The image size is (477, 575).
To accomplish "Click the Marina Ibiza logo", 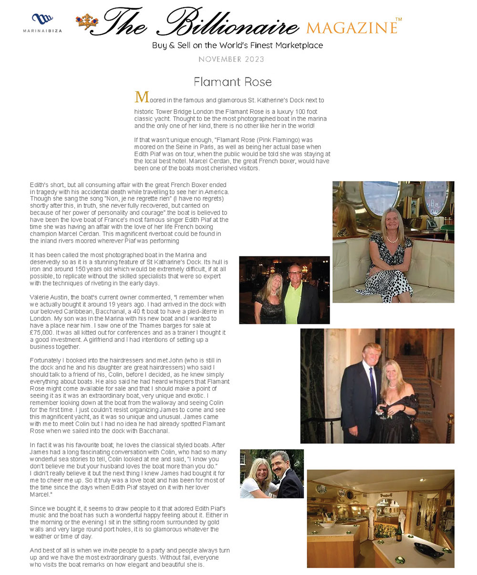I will click(42, 22).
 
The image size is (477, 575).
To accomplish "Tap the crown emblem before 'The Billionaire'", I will click(86, 22).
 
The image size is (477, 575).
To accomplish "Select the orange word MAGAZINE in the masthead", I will click(351, 28).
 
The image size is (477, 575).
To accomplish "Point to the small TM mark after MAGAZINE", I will click(399, 20).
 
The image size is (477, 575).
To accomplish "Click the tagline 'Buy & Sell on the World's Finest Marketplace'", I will click(238, 45).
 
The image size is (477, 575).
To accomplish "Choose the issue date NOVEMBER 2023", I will click(231, 59).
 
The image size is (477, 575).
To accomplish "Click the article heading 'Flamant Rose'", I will click(233, 82).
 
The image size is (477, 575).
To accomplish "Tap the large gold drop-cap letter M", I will click(142, 97).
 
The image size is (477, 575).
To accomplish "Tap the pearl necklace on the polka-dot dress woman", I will click(392, 239).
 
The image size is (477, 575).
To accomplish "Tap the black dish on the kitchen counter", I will click(425, 547).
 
